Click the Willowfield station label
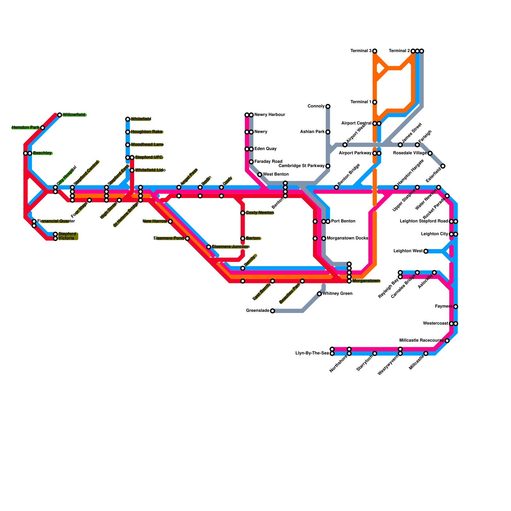tap(74, 115)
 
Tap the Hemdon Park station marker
tap(42, 128)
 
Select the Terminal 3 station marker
tap(375, 51)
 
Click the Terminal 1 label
tap(361, 102)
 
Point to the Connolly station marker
tap(328, 106)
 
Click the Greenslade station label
tap(258, 311)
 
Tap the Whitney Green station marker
tap(319, 294)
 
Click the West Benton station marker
tap(260, 175)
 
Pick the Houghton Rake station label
tap(147, 132)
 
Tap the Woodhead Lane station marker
tap(128, 145)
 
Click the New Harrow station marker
tap(170, 221)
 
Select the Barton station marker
tap(243, 239)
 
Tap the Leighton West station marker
tap(426, 251)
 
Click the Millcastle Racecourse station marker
tap(447, 341)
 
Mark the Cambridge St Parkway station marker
tap(328, 166)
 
